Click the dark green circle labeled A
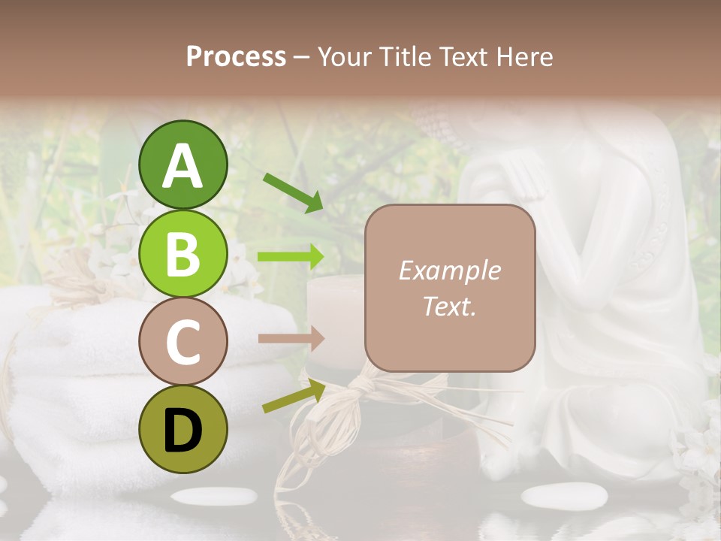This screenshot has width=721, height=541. click(183, 165)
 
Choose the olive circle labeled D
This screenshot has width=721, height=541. click(183, 429)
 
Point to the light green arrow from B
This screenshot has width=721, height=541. click(291, 257)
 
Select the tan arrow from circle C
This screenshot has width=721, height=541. click(291, 338)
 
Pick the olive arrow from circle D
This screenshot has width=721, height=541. click(293, 396)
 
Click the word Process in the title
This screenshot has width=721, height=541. click(236, 57)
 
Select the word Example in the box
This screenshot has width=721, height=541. click(449, 270)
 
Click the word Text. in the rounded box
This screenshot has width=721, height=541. click(449, 306)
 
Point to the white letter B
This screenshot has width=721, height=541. click(183, 253)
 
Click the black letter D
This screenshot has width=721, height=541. click(183, 430)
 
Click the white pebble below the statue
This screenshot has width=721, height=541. click(564, 495)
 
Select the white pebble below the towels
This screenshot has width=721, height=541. click(213, 496)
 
